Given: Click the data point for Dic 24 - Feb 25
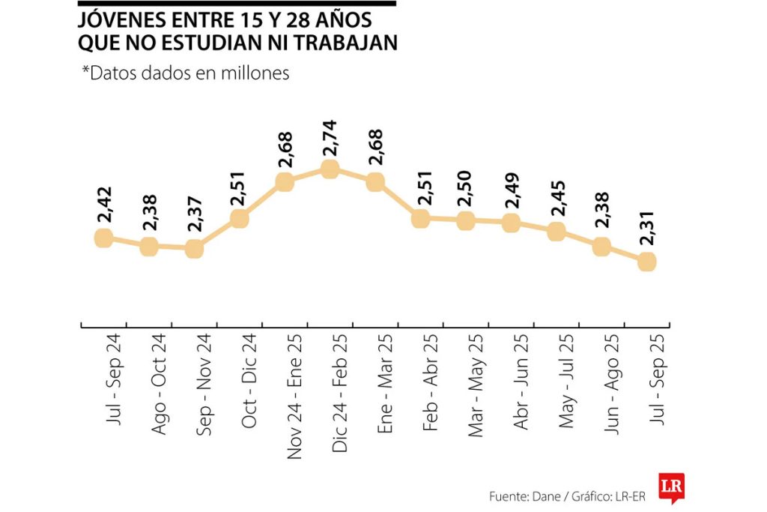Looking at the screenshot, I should (330, 169).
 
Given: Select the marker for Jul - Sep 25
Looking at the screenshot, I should (647, 261).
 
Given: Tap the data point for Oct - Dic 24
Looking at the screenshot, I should (240, 218).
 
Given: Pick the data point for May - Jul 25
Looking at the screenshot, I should (556, 231).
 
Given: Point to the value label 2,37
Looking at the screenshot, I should (194, 219).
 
